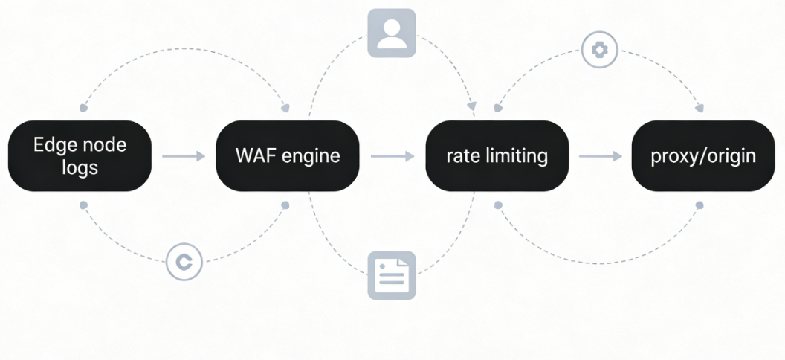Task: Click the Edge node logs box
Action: pyautogui.click(x=80, y=156)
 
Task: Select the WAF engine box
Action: pyautogui.click(x=287, y=156)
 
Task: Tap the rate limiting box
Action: pyautogui.click(x=497, y=156)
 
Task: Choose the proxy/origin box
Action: pyautogui.click(x=703, y=156)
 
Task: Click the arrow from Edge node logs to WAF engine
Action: pyautogui.click(x=184, y=156)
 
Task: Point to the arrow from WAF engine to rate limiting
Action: pyautogui.click(x=392, y=156)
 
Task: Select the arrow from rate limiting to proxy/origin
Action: pyautogui.click(x=601, y=156)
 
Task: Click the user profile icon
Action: pyautogui.click(x=392, y=33)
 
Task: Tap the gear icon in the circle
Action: pyautogui.click(x=599, y=50)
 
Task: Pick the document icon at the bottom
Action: pyautogui.click(x=392, y=275)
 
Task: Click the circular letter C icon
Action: pyautogui.click(x=184, y=262)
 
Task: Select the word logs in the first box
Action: pyautogui.click(x=80, y=167)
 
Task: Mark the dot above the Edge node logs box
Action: pyautogui.click(x=83, y=108)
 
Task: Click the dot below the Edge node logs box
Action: pyautogui.click(x=83, y=205)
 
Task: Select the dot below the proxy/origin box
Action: pyautogui.click(x=699, y=205)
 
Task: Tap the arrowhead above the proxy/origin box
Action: pyautogui.click(x=699, y=109)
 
